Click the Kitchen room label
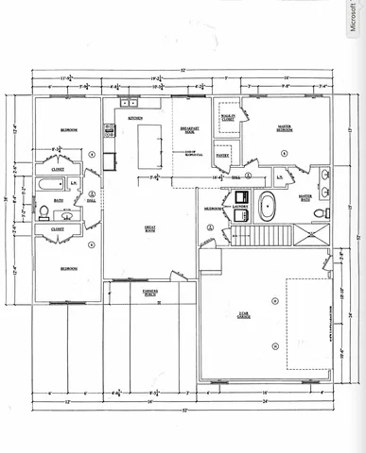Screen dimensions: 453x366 135,118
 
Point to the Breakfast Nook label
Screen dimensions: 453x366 189,130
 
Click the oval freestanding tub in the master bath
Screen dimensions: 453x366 268,206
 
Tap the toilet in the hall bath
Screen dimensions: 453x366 44,210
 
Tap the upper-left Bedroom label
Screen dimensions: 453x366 69,128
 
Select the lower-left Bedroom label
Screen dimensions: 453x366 69,268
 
